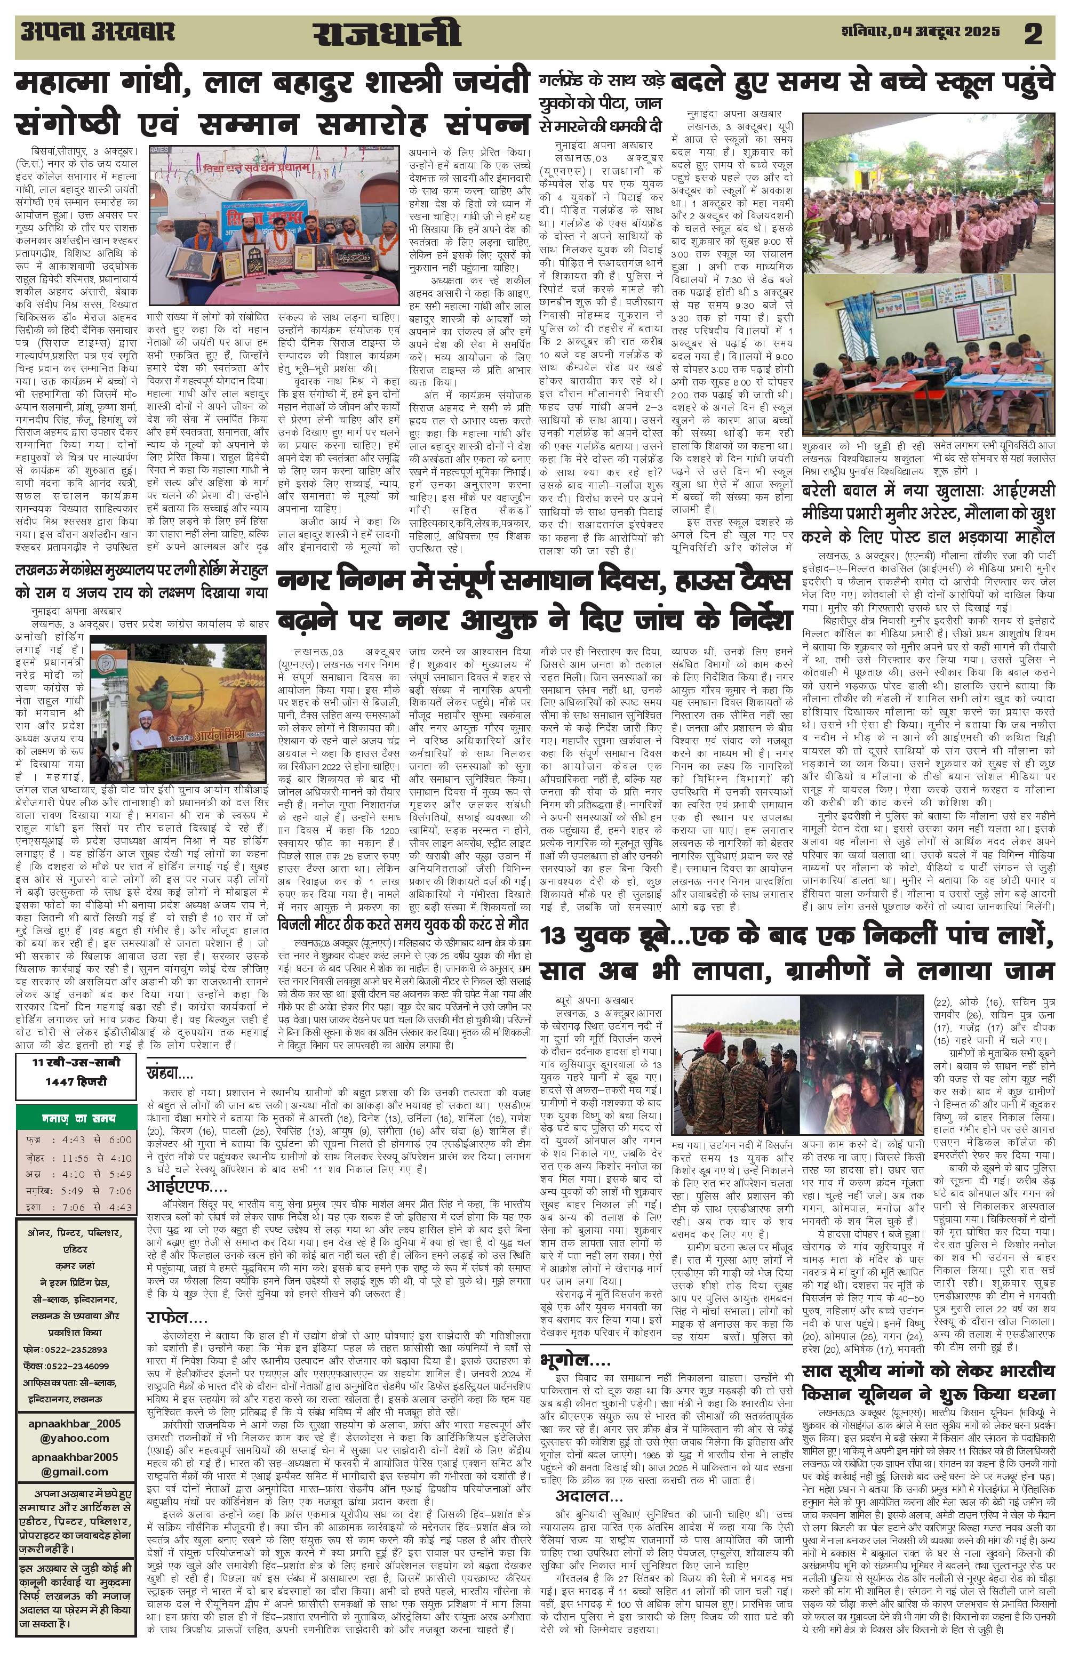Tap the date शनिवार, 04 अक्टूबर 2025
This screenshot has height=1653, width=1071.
point(920,31)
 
